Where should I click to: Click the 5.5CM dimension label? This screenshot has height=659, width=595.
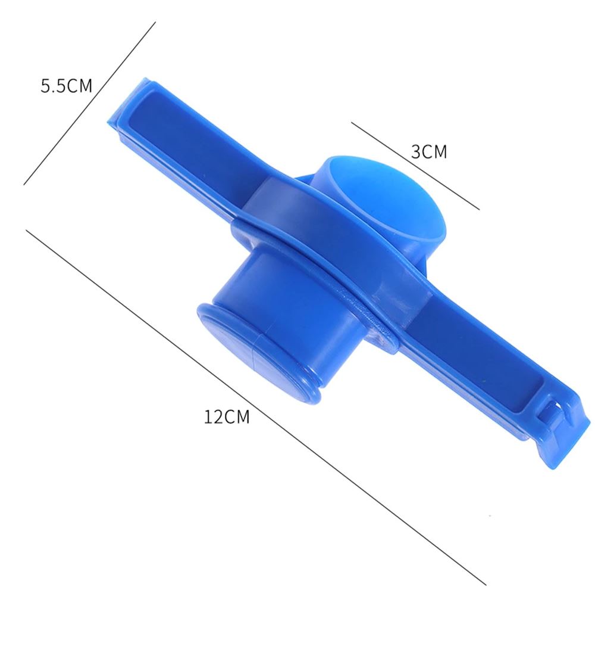pyautogui.click(x=66, y=86)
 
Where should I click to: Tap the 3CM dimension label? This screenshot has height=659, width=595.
pyautogui.click(x=429, y=151)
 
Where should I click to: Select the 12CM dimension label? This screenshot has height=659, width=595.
pyautogui.click(x=227, y=417)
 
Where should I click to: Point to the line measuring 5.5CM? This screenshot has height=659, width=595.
pyautogui.click(x=89, y=104)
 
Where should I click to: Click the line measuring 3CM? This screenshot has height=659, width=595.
pyautogui.click(x=415, y=166)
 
